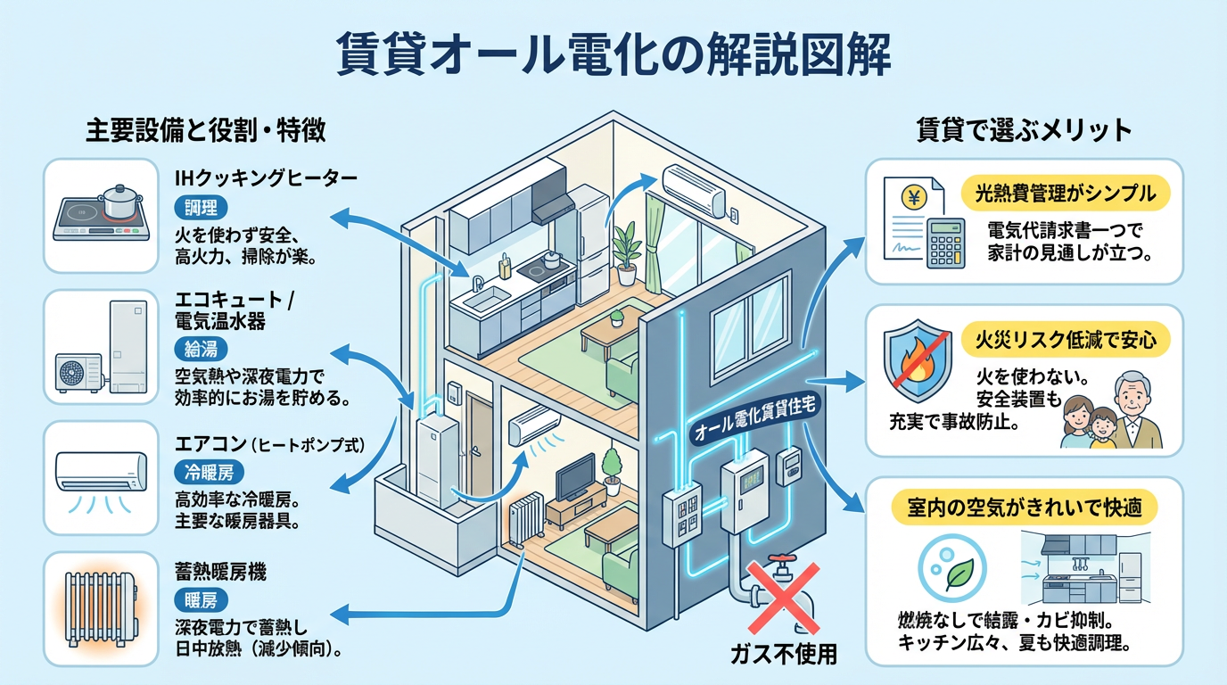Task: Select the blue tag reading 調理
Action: [202, 209]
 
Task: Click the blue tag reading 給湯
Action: [202, 348]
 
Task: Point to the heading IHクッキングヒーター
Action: [266, 178]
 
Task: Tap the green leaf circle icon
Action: [959, 574]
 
